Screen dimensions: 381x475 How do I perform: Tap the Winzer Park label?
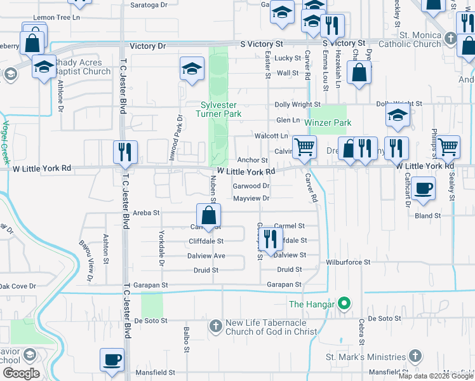pyautogui.click(x=328, y=123)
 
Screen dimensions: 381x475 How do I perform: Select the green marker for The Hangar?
pyautogui.click(x=344, y=304)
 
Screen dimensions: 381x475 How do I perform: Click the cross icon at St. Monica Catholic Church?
pyautogui.click(x=450, y=38)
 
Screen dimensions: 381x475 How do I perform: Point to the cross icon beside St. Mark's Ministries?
pyautogui.click(x=415, y=357)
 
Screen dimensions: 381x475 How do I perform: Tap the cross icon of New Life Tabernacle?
pyautogui.click(x=215, y=326)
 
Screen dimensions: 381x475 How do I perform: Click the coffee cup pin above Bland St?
pyautogui.click(x=424, y=189)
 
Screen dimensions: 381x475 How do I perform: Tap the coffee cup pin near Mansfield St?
pyautogui.click(x=112, y=360)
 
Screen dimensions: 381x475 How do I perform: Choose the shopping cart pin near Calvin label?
pyautogui.click(x=305, y=147)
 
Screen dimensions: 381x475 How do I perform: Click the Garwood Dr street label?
pyautogui.click(x=251, y=186)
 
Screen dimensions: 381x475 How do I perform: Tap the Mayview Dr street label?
pyautogui.click(x=251, y=198)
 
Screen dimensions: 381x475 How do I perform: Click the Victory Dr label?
pyautogui.click(x=147, y=46)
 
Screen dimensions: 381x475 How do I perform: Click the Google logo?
pyautogui.click(x=21, y=373)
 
